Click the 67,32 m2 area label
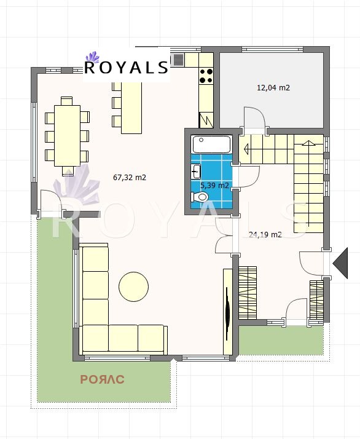click(130, 178)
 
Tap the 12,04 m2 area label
click(273, 87)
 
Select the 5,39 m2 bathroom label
click(214, 184)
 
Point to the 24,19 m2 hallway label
click(265, 234)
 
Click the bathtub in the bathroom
click(211, 145)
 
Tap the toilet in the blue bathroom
click(202, 197)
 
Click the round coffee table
click(133, 286)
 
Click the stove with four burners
click(206, 75)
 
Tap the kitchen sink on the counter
click(178, 60)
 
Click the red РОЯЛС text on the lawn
click(103, 379)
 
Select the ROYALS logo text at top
click(126, 67)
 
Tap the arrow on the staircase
click(248, 148)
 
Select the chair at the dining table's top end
click(66, 100)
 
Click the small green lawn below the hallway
click(280, 339)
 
